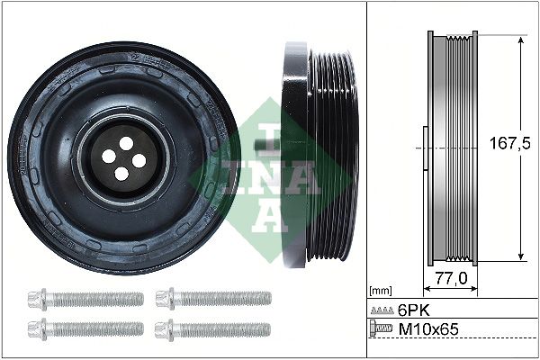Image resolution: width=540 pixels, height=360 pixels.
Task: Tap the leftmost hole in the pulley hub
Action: coord(108,156)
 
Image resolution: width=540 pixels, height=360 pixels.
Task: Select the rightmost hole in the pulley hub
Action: coord(139,160)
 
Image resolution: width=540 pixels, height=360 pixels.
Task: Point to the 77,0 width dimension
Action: coord(450,279)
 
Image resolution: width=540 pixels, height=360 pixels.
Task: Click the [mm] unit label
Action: coord(381,291)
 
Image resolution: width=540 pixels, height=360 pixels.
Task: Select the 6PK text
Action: coord(415,310)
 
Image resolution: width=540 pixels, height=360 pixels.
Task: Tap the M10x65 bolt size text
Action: coord(428,330)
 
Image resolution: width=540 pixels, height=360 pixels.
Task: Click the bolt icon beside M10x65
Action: coord(382,330)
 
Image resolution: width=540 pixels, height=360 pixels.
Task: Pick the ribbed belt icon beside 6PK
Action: coord(382,310)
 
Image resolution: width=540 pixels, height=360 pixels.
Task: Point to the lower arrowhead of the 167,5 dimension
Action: coord(521,257)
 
